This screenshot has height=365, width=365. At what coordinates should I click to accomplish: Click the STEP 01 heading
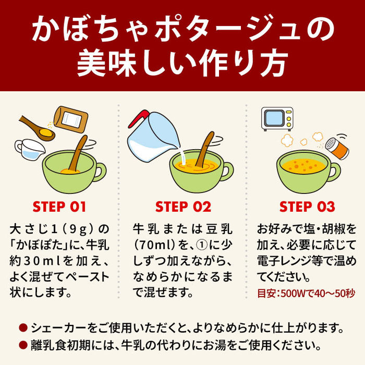(59, 206)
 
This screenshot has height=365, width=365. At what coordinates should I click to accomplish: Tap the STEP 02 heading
(182, 206)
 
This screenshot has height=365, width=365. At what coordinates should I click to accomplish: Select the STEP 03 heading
(307, 206)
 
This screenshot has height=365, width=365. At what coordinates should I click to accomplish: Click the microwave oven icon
(277, 118)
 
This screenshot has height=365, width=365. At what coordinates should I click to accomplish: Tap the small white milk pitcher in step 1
(29, 148)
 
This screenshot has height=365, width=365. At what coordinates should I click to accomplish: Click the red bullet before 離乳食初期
(23, 345)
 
